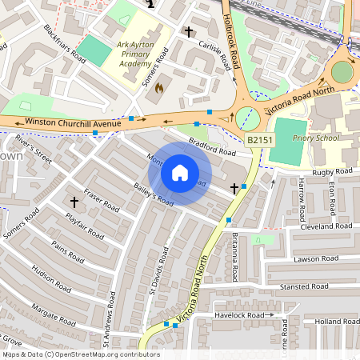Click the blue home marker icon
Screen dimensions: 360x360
[x=180, y=173]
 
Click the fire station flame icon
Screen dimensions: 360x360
[x=158, y=87]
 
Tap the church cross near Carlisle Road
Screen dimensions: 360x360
[x=189, y=32]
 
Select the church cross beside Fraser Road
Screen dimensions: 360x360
[x=74, y=202]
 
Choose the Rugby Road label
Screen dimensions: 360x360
[x=332, y=171]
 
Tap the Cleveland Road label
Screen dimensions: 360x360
[x=326, y=226]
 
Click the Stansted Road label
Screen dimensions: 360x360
[x=304, y=286]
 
